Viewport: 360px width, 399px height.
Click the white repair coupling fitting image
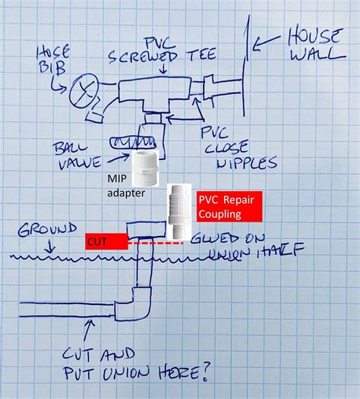pos(179,209)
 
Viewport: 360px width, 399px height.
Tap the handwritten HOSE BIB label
pos(54,58)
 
